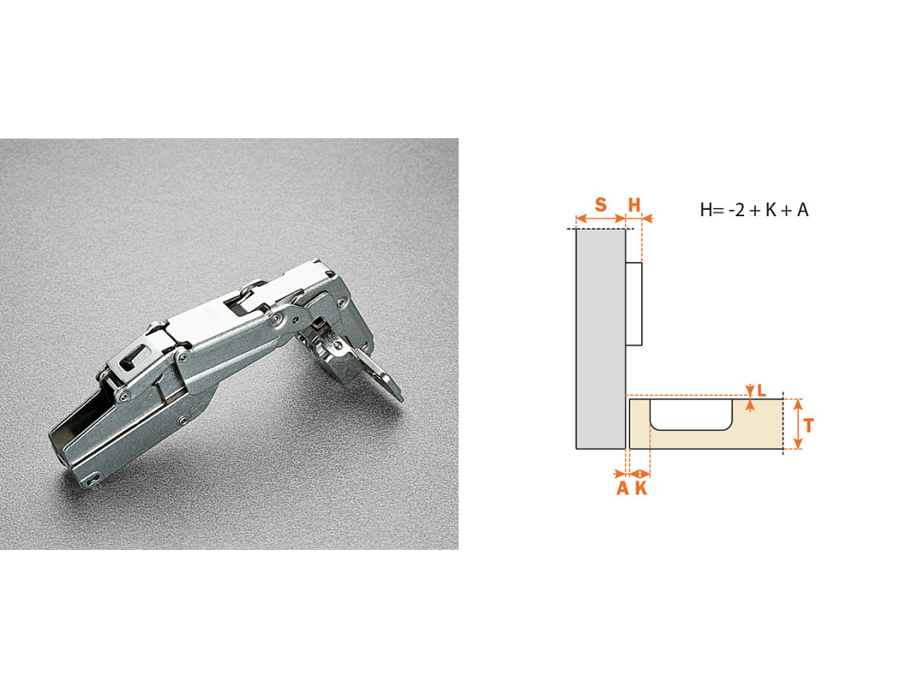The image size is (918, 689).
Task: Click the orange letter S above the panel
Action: coord(601,205)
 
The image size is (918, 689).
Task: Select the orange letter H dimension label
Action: coord(634,205)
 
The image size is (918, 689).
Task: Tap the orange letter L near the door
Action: coord(762,390)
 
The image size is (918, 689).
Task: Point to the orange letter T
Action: coord(809,425)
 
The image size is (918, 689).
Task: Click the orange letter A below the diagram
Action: coord(622,488)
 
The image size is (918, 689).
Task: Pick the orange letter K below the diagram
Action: coord(641,488)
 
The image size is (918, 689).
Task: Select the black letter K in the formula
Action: coord(770,210)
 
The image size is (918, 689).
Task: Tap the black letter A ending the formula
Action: coord(802,210)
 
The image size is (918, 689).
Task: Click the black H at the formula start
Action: coord(706,210)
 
